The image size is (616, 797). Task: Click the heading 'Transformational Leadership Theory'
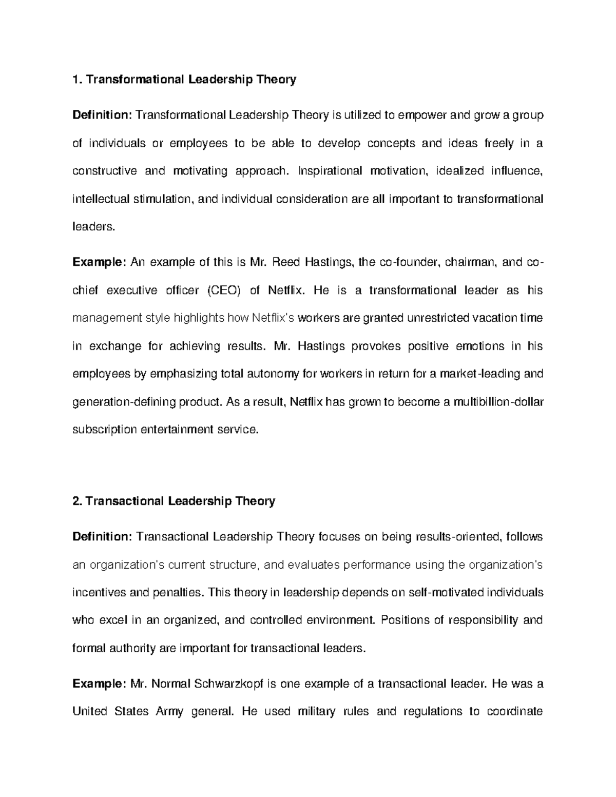[x=190, y=80]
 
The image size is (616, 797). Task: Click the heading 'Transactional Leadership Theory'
[x=180, y=501]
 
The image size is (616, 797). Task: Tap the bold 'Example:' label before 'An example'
[x=99, y=263]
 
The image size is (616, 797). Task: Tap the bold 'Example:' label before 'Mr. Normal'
[x=99, y=684]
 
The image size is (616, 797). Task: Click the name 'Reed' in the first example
[x=285, y=263]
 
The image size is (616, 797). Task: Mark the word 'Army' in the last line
[x=169, y=712]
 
